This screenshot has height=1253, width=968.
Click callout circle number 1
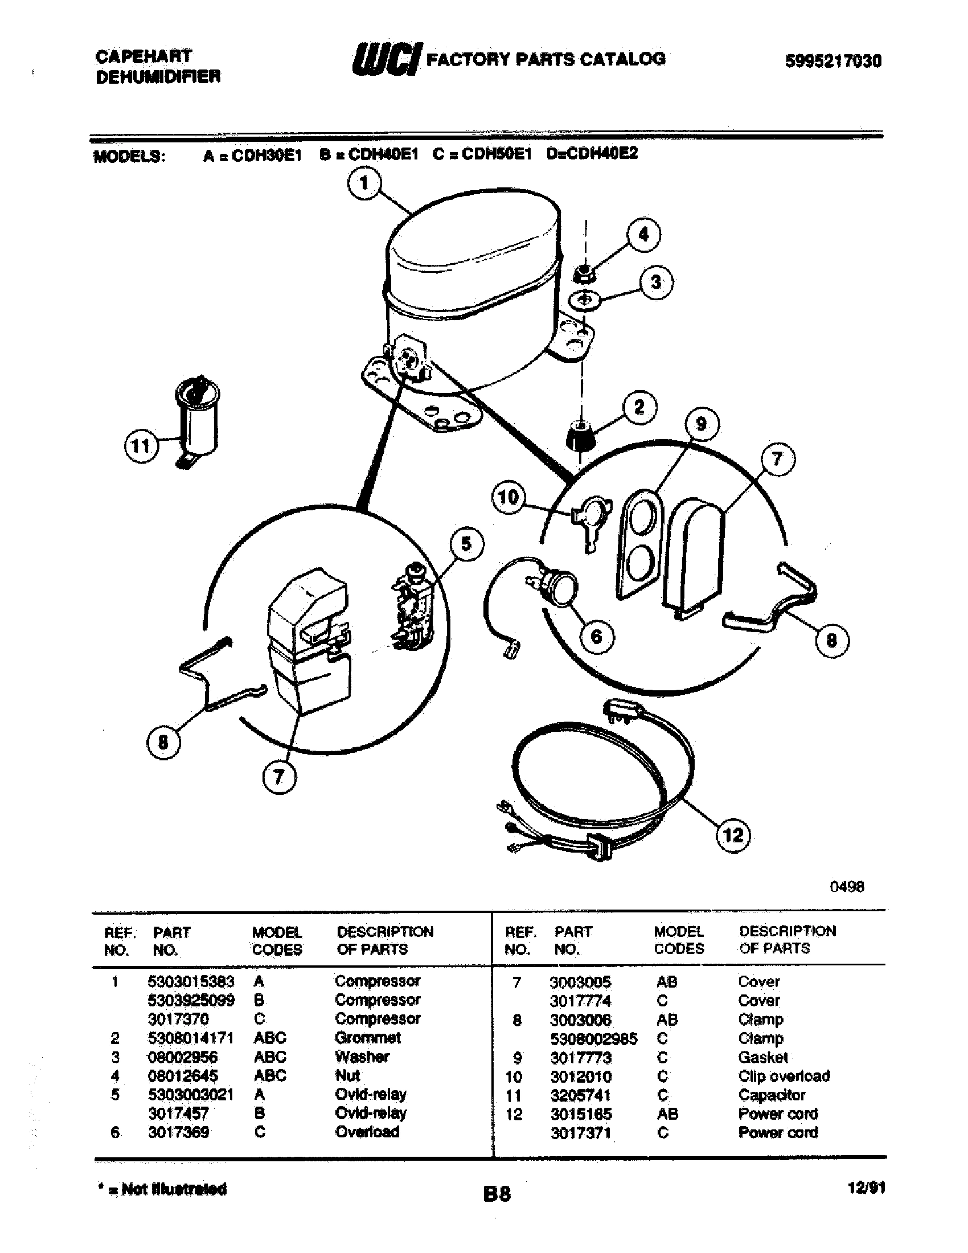(x=364, y=183)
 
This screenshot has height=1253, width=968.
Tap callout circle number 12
(x=733, y=835)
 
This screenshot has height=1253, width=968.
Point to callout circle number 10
(x=508, y=497)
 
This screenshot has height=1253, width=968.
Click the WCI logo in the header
(x=388, y=59)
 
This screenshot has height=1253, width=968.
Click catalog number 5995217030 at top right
(x=832, y=61)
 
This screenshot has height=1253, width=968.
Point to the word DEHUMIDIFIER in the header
(x=158, y=77)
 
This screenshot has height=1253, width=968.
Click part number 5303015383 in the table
(x=191, y=982)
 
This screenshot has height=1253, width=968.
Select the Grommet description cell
(x=368, y=1038)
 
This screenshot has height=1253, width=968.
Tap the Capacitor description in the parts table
(x=772, y=1095)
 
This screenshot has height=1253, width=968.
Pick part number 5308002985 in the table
(x=593, y=1039)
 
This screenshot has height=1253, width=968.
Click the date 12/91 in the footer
(x=866, y=1188)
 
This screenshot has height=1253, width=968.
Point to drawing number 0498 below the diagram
(x=846, y=886)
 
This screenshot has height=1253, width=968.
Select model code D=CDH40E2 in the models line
(x=592, y=154)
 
